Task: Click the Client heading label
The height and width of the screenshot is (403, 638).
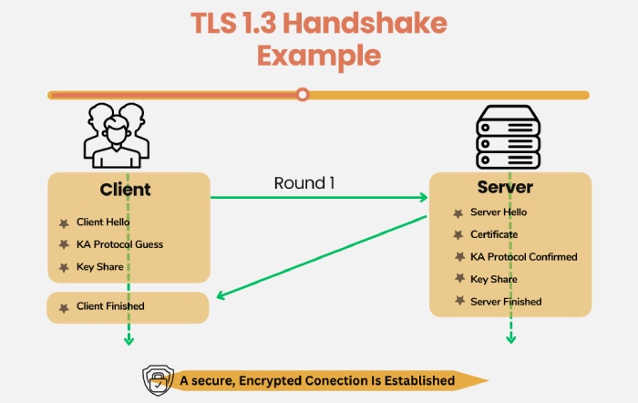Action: (125, 191)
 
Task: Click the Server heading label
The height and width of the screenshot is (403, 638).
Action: (505, 188)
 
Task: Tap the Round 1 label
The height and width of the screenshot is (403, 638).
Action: (304, 183)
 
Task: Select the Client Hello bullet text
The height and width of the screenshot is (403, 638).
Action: (103, 222)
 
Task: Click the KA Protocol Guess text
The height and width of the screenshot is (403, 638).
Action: (119, 244)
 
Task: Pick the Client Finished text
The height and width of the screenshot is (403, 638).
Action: (110, 306)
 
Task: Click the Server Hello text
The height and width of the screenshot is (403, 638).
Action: (499, 212)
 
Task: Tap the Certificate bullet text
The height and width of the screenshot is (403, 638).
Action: (494, 234)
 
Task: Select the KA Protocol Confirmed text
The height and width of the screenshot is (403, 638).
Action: (523, 257)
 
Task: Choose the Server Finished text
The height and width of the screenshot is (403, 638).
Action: (506, 302)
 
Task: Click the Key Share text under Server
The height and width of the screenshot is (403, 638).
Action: (493, 279)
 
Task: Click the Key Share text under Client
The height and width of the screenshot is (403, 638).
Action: (98, 267)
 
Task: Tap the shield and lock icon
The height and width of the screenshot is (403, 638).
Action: (158, 379)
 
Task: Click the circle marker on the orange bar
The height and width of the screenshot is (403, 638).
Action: (303, 94)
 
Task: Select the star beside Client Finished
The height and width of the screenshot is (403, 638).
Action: (63, 307)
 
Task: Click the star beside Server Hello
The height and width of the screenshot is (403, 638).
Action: (458, 212)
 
